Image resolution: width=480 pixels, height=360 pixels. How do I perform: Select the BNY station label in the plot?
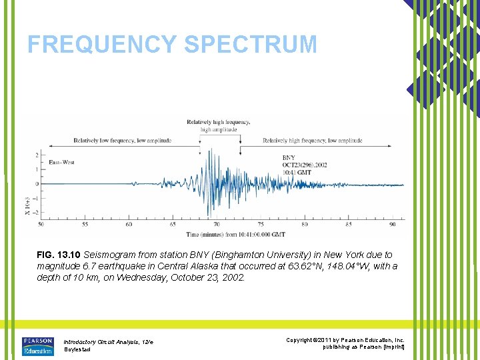[x=289, y=157]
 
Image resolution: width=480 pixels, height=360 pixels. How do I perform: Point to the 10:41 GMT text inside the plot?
[x=297, y=172]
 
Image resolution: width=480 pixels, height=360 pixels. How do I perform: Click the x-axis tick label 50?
[x=41, y=224]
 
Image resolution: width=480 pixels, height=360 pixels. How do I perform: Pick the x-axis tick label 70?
[x=216, y=224]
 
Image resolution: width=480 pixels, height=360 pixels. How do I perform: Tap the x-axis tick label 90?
[x=392, y=224]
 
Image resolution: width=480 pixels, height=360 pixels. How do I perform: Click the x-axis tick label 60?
[x=129, y=224]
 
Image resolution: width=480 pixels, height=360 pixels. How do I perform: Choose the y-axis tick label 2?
[x=36, y=155]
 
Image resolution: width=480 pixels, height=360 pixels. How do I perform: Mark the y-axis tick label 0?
[x=36, y=184]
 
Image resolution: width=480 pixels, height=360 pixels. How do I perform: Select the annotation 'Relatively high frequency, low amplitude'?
[x=312, y=141]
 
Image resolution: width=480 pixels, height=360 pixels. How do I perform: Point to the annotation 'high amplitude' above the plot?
[x=219, y=130]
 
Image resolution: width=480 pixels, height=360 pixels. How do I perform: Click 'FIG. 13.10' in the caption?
[x=59, y=255]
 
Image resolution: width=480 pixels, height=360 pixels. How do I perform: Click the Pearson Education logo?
[x=37, y=345]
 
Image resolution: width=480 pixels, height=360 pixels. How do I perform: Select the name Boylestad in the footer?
[x=77, y=349]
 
